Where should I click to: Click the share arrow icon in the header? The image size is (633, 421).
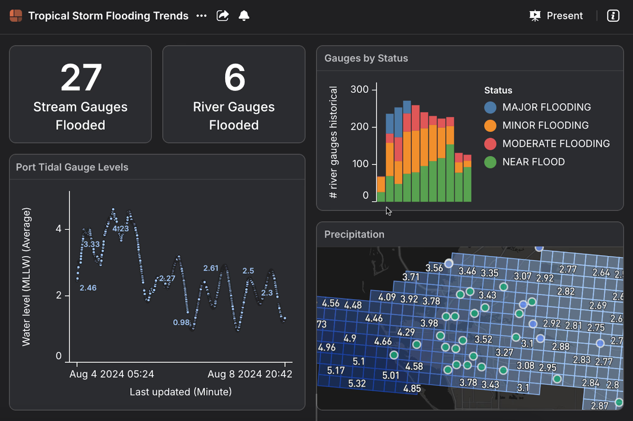pos(223,16)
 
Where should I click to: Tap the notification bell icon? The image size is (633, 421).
pos(244,16)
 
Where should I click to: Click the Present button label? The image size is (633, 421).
pos(564,16)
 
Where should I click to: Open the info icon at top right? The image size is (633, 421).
pos(613,16)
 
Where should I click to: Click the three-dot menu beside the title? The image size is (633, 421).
pos(201,16)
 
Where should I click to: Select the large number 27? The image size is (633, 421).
pos(81,78)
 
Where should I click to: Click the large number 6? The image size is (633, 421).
pos(234,78)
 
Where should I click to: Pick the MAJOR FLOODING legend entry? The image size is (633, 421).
pos(546,107)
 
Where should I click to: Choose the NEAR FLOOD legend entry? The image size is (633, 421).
pos(533,162)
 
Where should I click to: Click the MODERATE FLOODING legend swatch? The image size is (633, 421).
pos(490,144)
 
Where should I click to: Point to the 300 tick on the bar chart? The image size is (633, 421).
pos(359,90)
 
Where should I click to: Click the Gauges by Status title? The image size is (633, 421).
pos(366,58)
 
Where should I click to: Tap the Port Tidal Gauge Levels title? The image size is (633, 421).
pos(72,167)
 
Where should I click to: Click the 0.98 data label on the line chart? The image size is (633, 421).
pos(181,322)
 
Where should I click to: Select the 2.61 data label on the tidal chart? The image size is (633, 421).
pos(211,268)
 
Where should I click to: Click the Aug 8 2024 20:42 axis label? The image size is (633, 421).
pos(250,374)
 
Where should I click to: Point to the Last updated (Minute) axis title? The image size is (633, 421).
pos(180,392)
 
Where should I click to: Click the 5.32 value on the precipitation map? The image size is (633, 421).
pos(357,383)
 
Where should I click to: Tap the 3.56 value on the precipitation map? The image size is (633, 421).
pos(434,268)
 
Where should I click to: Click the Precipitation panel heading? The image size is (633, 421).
pos(354,234)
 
